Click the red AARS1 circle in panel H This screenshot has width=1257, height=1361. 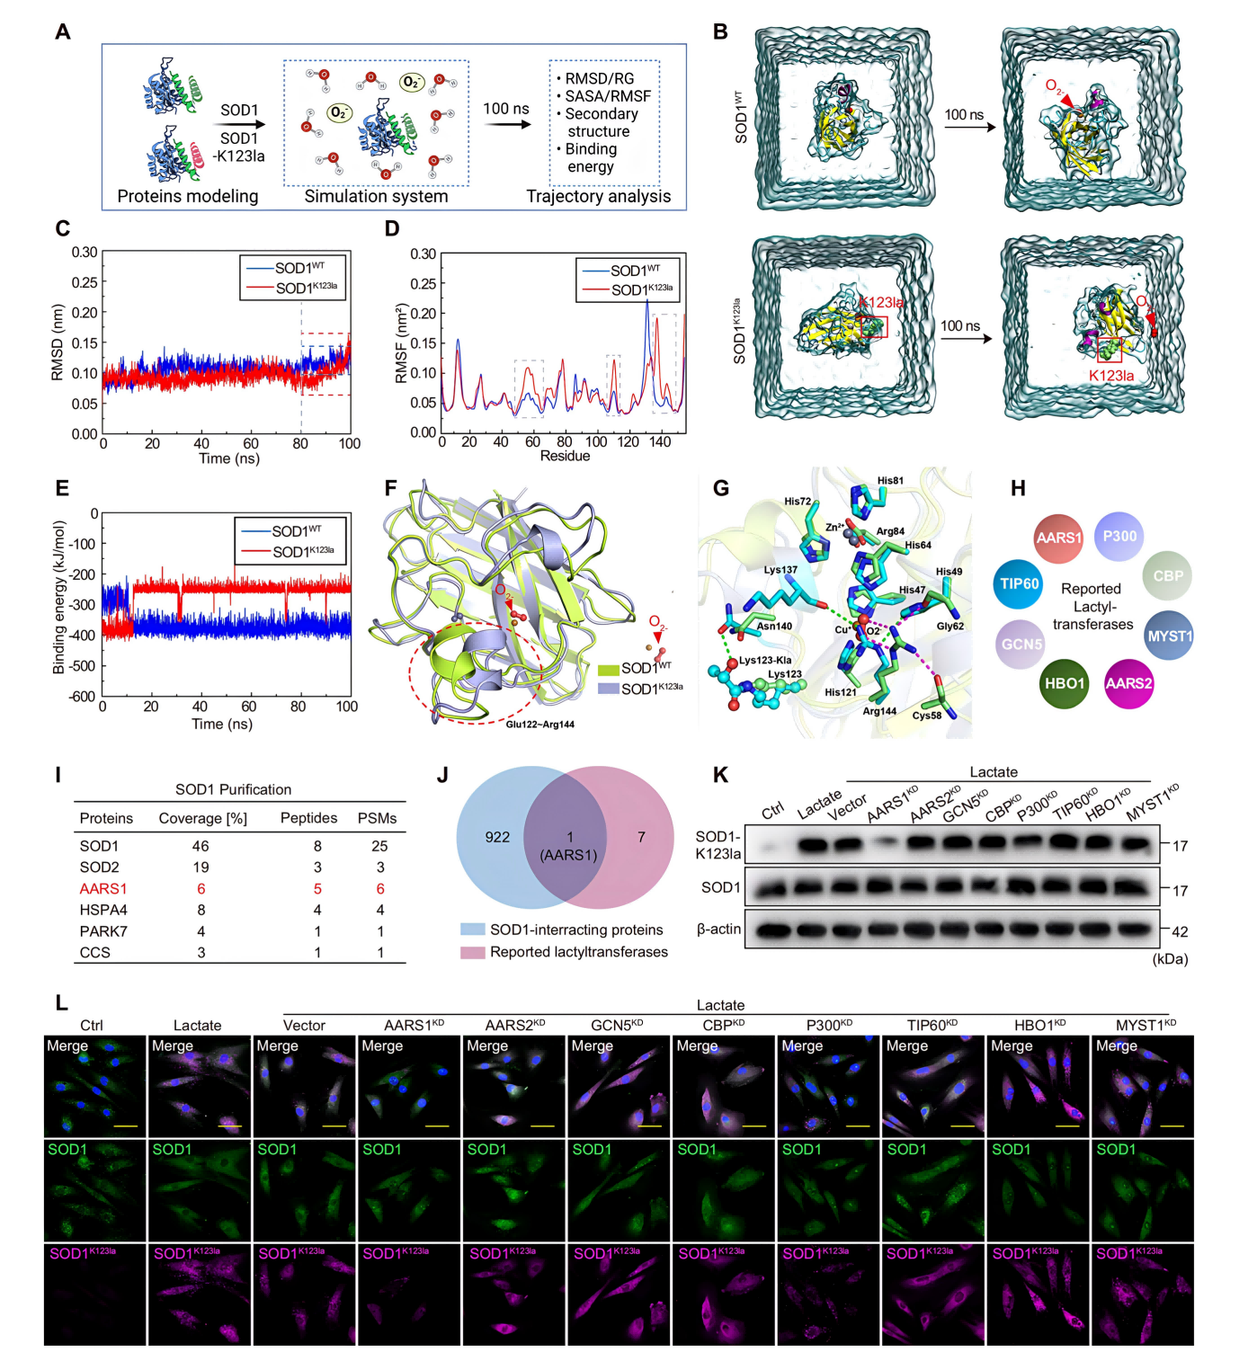[1058, 538]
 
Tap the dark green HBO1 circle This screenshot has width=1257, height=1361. [1065, 683]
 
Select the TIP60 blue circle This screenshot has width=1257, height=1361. [1019, 583]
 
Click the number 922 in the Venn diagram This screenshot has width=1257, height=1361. [497, 837]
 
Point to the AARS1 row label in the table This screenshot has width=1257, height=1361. [103, 888]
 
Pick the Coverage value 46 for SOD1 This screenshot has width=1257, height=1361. [201, 846]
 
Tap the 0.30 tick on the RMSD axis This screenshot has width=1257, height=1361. [85, 253]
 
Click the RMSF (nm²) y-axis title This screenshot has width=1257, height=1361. [401, 342]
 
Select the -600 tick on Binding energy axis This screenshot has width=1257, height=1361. [82, 697]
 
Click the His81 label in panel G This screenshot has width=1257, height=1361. [890, 481]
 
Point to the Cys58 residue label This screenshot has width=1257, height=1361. [927, 716]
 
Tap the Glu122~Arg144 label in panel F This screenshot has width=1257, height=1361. [539, 724]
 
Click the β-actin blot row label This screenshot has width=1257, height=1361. [718, 929]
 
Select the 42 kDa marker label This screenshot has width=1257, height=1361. [1180, 932]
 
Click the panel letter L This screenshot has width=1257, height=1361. [61, 1002]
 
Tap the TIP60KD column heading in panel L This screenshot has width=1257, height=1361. [932, 1025]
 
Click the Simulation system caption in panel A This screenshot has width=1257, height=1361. [376, 196]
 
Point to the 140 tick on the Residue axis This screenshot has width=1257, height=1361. [660, 441]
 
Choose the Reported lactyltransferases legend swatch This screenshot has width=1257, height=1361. [473, 952]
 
